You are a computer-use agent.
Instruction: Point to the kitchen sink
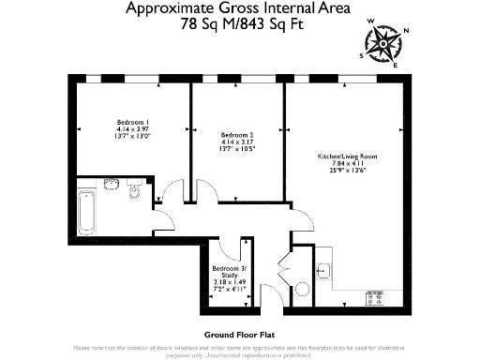tap(323, 271)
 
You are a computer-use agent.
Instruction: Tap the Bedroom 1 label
tap(132, 123)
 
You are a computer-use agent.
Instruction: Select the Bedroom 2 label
tap(235, 133)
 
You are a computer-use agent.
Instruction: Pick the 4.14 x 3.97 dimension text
tap(132, 130)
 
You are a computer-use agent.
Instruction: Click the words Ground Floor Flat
tap(239, 334)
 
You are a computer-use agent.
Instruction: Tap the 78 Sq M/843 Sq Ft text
tap(240, 26)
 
